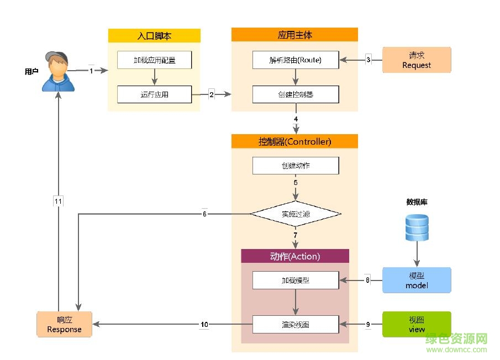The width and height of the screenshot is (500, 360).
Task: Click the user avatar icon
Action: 57,72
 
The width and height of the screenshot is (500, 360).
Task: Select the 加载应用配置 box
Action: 154,60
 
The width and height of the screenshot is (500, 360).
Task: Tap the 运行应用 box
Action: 154,94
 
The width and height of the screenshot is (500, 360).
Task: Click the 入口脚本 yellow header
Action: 154,36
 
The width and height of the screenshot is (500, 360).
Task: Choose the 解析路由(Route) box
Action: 295,60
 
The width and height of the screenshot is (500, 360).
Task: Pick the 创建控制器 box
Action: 295,94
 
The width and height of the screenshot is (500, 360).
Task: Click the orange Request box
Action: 417,60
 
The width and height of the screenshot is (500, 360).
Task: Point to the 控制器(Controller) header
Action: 294,141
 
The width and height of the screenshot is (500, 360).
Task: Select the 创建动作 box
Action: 295,166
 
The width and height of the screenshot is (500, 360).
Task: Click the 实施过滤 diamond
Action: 296,214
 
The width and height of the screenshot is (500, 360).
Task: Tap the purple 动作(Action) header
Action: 295,256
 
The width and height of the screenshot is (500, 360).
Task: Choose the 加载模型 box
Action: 295,280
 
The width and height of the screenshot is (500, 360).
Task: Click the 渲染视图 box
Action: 295,325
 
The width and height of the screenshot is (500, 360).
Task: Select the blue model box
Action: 417,280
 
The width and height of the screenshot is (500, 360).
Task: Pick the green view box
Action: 417,324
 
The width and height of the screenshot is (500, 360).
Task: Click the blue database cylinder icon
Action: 417,227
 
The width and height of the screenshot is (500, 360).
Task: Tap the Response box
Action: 64,324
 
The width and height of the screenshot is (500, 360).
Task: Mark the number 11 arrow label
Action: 58,202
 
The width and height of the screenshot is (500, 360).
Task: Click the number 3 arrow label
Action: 369,60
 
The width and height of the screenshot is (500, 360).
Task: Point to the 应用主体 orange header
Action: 294,35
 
